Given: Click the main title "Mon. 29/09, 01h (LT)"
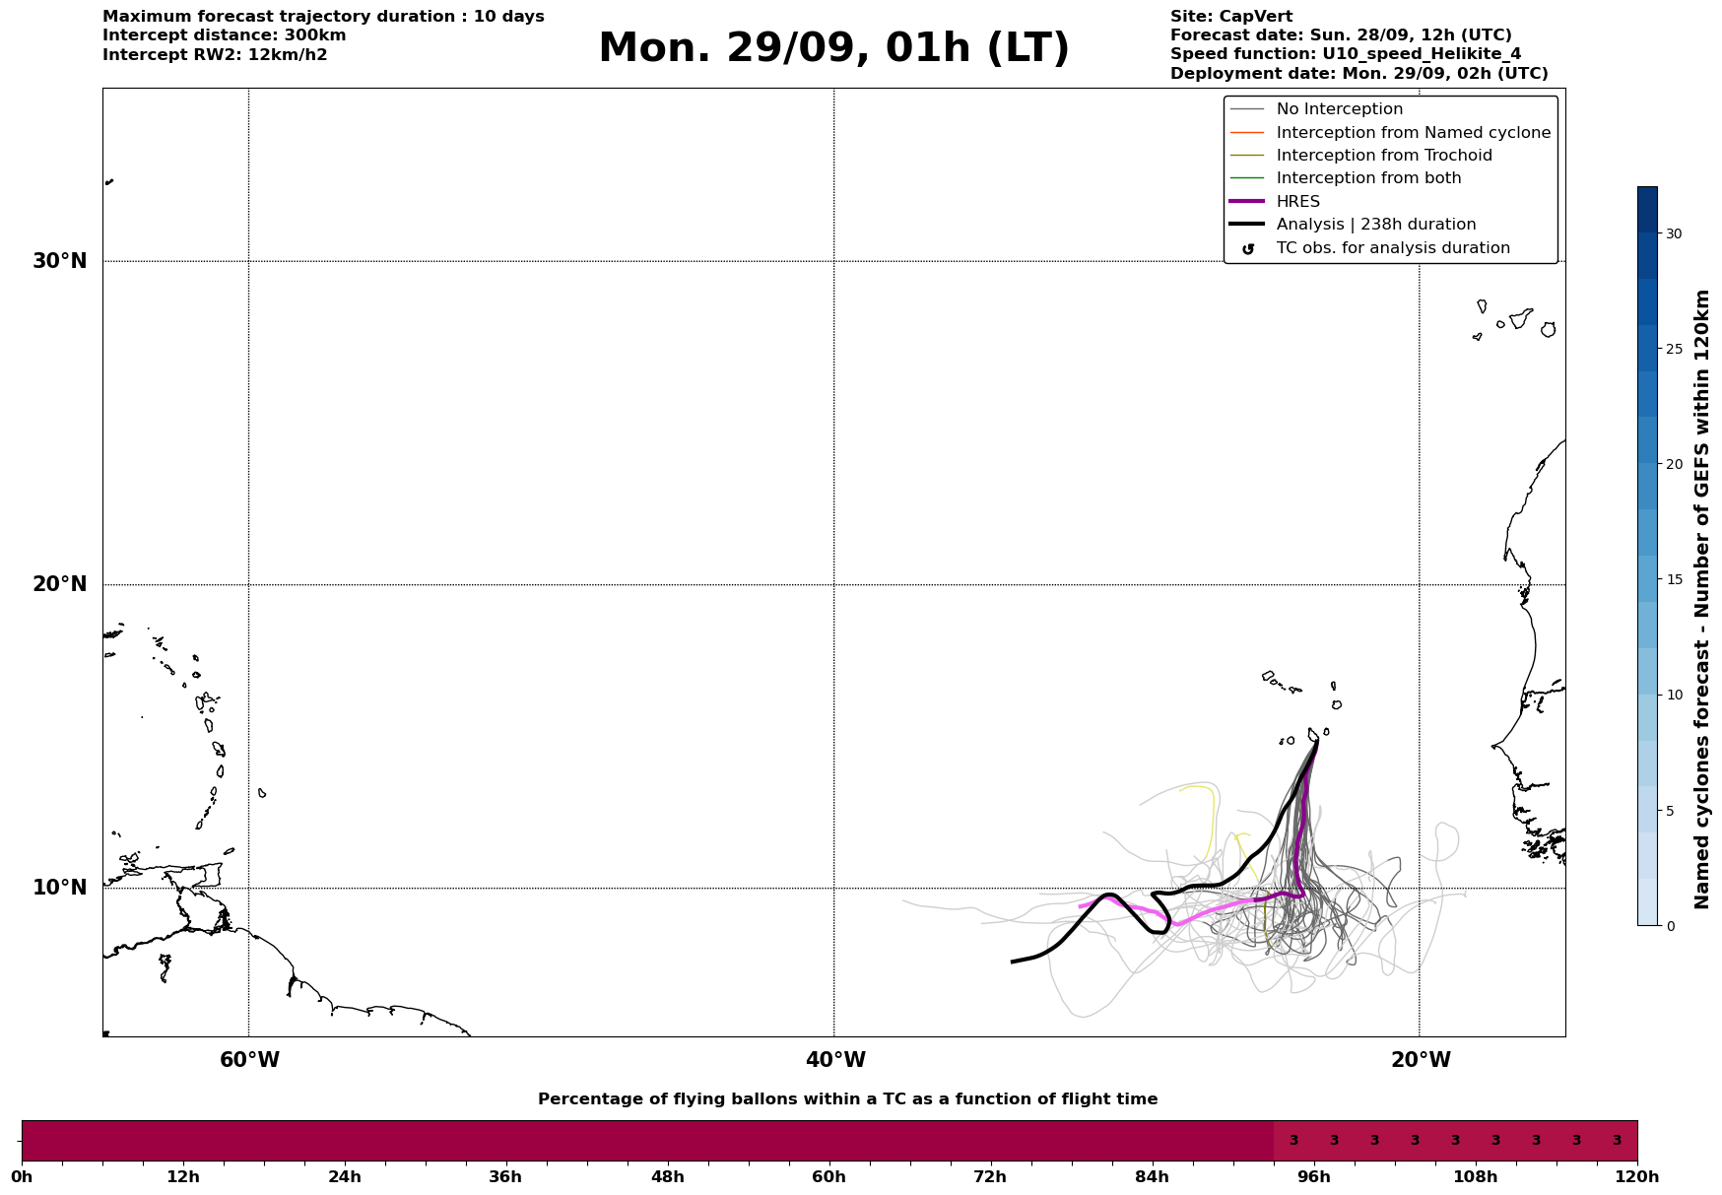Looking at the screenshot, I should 833,48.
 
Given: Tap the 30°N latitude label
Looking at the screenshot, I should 59,261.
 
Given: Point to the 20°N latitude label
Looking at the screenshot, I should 59,584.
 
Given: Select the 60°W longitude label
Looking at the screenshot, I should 249,1060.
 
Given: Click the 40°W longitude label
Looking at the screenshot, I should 834,1060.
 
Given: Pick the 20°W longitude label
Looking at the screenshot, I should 1420,1060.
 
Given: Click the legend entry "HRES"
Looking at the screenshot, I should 1297,202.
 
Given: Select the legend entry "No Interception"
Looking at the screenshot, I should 1339,109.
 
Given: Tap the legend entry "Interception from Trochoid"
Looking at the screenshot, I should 1383,156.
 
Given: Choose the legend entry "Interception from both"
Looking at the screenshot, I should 1368,178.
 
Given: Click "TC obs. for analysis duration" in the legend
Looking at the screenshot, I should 1392,248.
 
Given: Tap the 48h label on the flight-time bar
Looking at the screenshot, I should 667,1176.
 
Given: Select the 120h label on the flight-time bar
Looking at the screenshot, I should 1637,1176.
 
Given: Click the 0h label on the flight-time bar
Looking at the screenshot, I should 22,1176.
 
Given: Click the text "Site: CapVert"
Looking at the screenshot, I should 1230,17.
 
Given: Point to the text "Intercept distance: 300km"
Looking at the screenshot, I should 224,35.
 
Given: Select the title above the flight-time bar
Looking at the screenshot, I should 847,1099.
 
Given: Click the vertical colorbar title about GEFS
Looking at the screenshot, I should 1701,599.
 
